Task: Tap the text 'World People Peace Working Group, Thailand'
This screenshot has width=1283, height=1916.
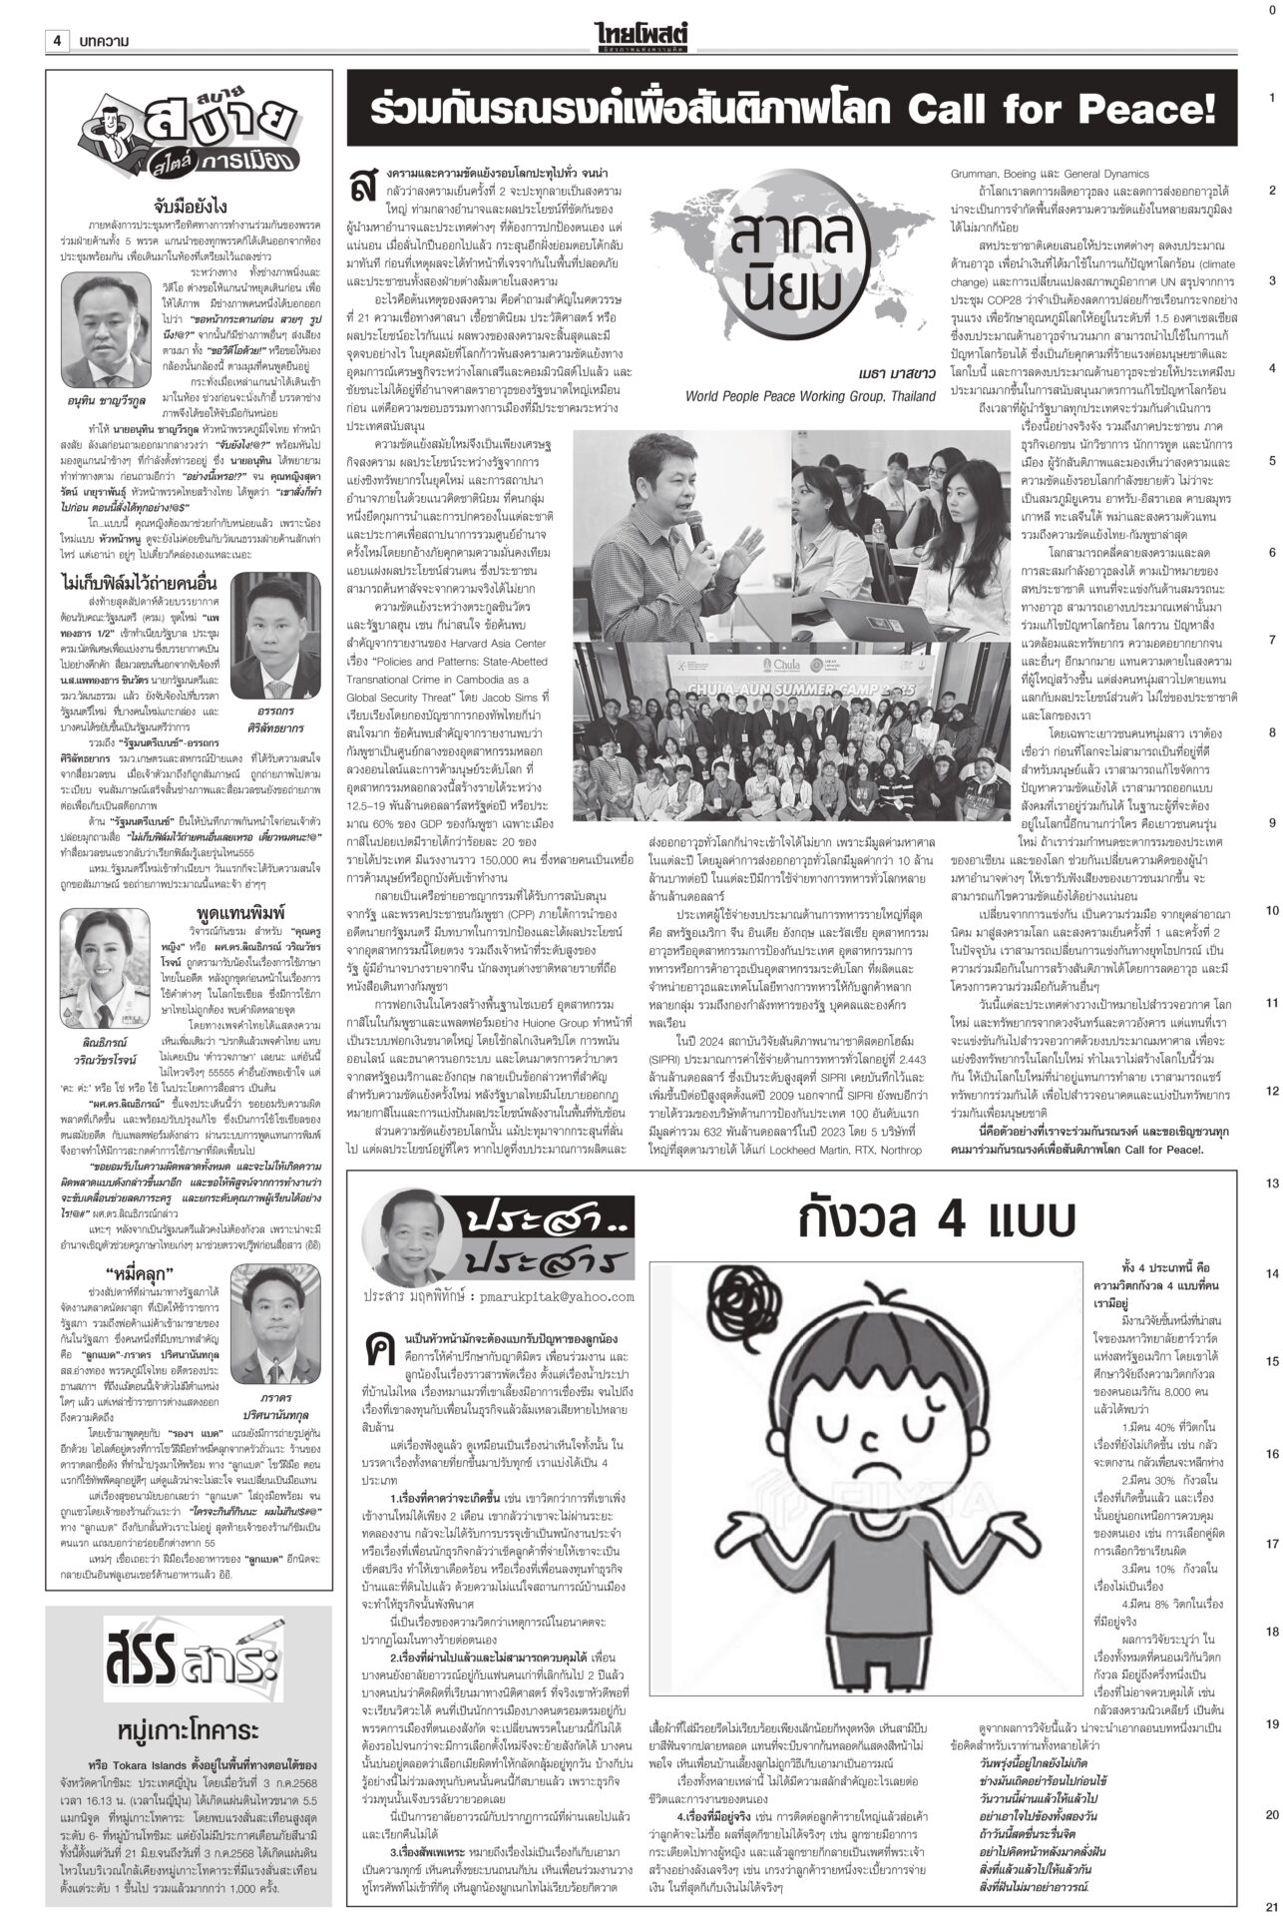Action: tap(811, 396)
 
